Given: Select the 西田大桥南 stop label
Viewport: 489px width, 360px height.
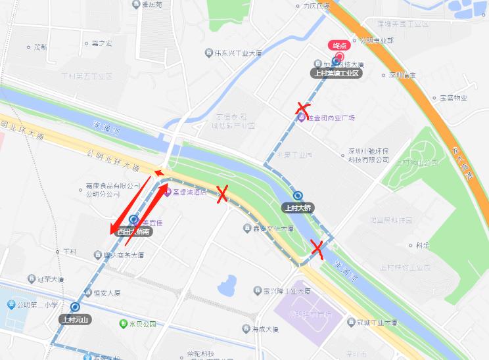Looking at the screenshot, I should [134, 231].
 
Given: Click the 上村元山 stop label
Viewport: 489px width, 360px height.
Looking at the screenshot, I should [76, 319].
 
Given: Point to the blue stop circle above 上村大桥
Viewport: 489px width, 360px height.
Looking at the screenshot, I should [298, 195].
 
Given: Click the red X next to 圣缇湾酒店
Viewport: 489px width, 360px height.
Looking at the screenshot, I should [222, 193].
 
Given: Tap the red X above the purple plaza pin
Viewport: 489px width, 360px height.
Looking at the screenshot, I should [302, 108].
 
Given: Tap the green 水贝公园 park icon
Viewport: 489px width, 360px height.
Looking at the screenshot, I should [123, 323].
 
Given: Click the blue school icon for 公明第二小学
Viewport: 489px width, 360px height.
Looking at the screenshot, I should [11, 305].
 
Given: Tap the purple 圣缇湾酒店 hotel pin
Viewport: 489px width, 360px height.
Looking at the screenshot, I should [167, 192].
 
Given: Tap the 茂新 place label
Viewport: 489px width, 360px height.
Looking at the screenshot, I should [39, 47].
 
